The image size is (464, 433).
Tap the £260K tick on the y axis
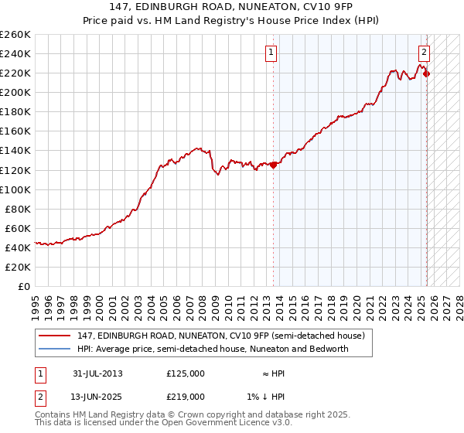pyautogui.click(x=15, y=35)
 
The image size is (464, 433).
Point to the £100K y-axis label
pyautogui.click(x=15, y=189)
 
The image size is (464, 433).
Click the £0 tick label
pyautogui.click(x=25, y=286)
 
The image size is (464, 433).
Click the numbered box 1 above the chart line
pyautogui.click(x=272, y=53)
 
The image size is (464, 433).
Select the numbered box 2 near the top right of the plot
pyautogui.click(x=425, y=53)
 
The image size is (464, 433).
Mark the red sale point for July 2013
pyautogui.click(x=273, y=164)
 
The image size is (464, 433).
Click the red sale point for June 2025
pyautogui.click(x=426, y=73)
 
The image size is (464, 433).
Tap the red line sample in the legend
pyautogui.click(x=54, y=336)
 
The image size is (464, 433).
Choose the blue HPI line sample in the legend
pyautogui.click(x=54, y=349)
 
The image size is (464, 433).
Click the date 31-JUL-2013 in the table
pyautogui.click(x=97, y=373)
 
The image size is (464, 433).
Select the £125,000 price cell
pyautogui.click(x=186, y=373)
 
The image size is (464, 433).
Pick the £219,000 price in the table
pyautogui.click(x=186, y=396)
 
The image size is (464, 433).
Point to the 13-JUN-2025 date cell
pyautogui.click(x=98, y=396)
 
